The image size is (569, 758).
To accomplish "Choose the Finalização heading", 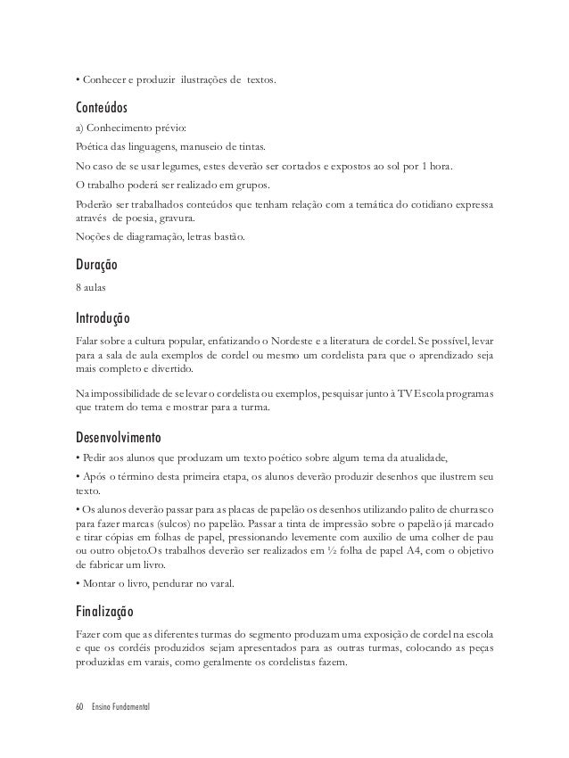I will tap(104, 614).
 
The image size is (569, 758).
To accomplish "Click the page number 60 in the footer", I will tap(80, 706).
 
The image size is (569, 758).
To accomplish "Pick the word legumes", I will tap(183, 167).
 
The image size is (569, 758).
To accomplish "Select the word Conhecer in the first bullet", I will tap(104, 83).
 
